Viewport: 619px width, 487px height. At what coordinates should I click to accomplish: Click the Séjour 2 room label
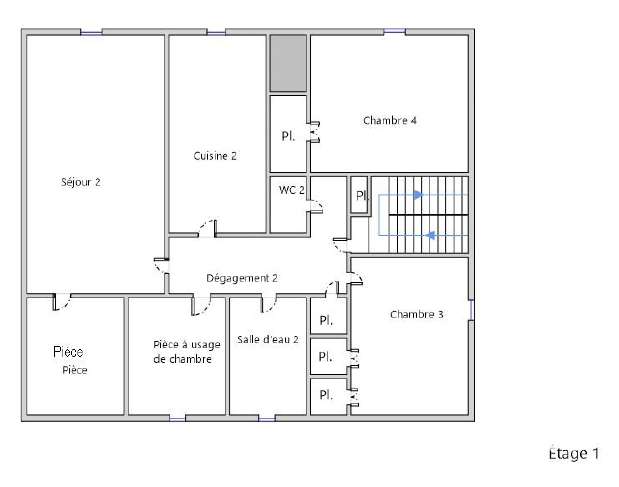[x=81, y=182]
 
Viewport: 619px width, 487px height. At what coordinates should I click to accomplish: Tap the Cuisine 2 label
[x=215, y=156]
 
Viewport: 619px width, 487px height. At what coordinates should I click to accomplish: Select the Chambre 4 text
[x=390, y=120]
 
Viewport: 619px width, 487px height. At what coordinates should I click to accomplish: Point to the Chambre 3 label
[x=416, y=314]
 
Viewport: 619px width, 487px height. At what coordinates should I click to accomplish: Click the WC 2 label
[x=292, y=190]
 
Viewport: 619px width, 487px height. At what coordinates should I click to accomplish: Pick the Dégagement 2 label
[x=242, y=278]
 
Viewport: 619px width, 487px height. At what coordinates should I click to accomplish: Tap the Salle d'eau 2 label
[x=268, y=339]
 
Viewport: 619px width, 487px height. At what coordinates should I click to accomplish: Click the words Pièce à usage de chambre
[x=187, y=352]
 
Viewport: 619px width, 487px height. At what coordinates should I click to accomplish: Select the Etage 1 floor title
[x=574, y=453]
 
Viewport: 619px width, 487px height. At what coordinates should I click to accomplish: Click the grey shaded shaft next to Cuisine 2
[x=288, y=63]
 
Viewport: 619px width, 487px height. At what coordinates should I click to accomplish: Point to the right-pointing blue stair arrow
[x=418, y=195]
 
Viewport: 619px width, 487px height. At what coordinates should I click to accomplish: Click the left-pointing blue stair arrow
[x=431, y=235]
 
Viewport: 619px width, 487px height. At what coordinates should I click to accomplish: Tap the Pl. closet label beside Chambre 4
[x=288, y=136]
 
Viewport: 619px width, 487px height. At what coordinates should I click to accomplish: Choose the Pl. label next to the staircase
[x=362, y=195]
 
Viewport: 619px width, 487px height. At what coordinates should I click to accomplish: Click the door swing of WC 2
[x=316, y=206]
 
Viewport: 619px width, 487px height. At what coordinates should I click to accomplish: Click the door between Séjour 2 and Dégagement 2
[x=161, y=265]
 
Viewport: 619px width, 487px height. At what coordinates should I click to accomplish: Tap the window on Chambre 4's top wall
[x=394, y=32]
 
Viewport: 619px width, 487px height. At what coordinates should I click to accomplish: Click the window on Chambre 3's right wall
[x=471, y=310]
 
